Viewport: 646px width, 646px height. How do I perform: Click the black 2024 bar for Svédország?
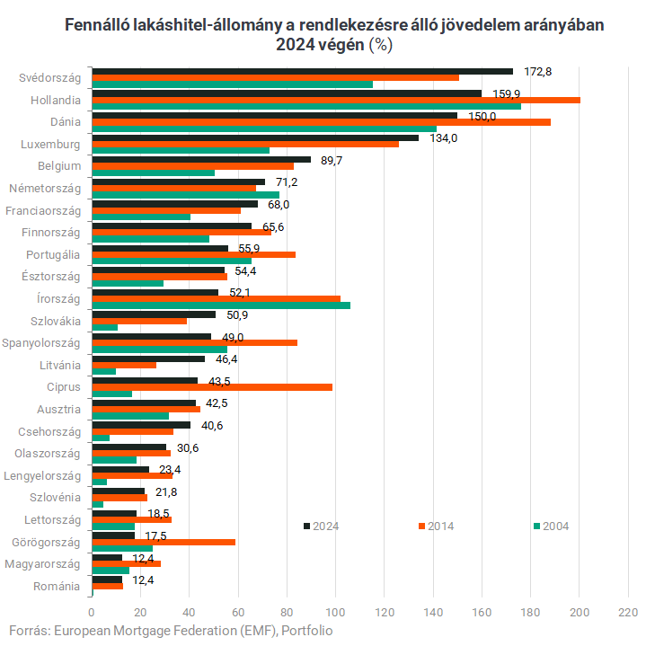pyautogui.click(x=302, y=71)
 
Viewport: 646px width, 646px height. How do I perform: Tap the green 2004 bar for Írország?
pyautogui.click(x=221, y=305)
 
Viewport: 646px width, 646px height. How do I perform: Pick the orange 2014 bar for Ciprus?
pyautogui.click(x=212, y=387)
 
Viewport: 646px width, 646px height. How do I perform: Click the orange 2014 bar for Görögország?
pyautogui.click(x=163, y=542)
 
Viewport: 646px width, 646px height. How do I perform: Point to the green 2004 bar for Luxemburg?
pyautogui.click(x=181, y=151)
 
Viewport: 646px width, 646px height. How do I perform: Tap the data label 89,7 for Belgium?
pyautogui.click(x=332, y=160)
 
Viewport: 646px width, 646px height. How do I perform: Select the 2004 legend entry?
pyautogui.click(x=551, y=527)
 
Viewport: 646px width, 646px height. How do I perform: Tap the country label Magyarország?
pyautogui.click(x=42, y=563)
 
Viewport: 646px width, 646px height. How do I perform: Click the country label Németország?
pyautogui.click(x=45, y=189)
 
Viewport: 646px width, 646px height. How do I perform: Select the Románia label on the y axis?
pyautogui.click(x=56, y=586)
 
